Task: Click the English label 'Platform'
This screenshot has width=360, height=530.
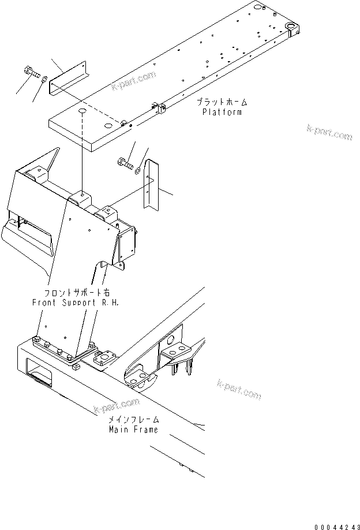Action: pyautogui.click(x=222, y=112)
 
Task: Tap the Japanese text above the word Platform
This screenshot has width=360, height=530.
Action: pyautogui.click(x=222, y=102)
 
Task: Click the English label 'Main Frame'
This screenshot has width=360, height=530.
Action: pyautogui.click(x=133, y=430)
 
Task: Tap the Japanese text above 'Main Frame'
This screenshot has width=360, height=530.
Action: pyautogui.click(x=133, y=420)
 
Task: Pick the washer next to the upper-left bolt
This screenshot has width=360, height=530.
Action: pyautogui.click(x=44, y=76)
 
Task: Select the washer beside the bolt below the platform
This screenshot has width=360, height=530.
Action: pyautogui.click(x=137, y=170)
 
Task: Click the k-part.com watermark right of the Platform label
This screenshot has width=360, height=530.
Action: pyautogui.click(x=329, y=132)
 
